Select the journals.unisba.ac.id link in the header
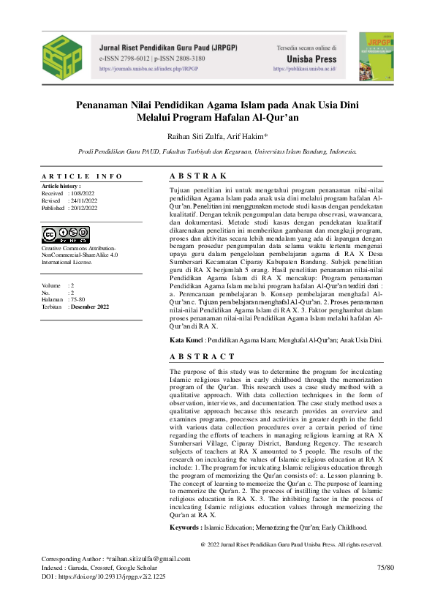coord(148,69)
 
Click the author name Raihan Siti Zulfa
coord(191,136)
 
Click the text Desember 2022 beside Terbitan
coord(88,307)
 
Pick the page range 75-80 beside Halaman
coord(77,299)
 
